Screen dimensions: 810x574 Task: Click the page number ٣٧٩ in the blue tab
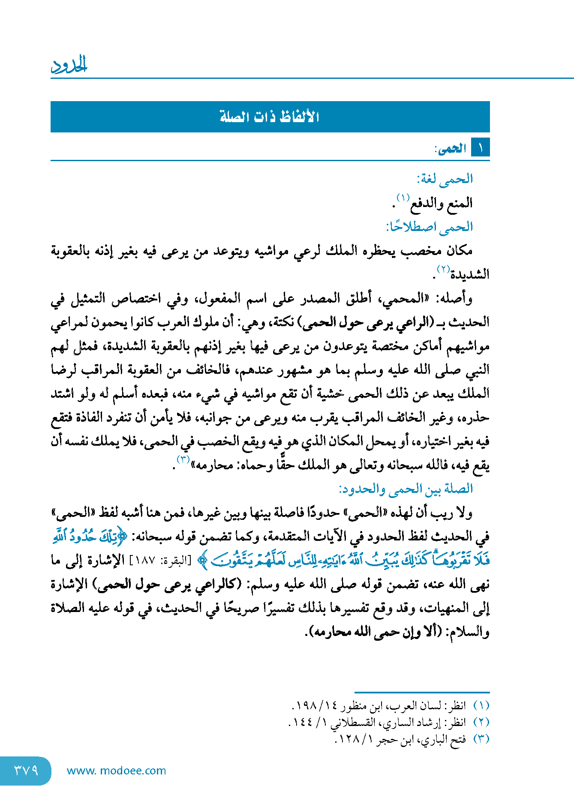(x=26, y=771)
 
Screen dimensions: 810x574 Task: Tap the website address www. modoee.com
(x=116, y=771)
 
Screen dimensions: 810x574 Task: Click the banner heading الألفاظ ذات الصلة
(x=270, y=117)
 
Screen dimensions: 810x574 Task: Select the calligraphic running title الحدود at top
(x=69, y=65)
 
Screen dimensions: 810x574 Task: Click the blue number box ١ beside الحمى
(x=480, y=148)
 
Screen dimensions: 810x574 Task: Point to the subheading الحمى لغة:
(x=445, y=179)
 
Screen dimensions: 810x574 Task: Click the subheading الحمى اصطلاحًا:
(x=429, y=227)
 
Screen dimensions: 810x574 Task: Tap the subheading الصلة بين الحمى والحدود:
(x=406, y=489)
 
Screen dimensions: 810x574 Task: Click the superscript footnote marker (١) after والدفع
(x=403, y=198)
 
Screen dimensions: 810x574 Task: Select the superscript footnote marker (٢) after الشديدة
(x=443, y=269)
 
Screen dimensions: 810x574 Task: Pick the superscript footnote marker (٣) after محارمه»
(x=183, y=459)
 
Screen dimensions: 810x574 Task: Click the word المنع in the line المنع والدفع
(x=459, y=203)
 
